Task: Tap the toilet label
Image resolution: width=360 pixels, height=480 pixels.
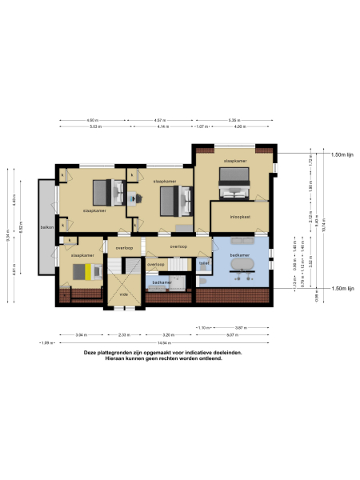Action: pyautogui.click(x=205, y=262)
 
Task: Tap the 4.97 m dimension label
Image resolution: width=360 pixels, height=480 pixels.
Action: pyautogui.click(x=160, y=121)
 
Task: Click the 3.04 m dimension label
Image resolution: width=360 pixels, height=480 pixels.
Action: pyautogui.click(x=81, y=335)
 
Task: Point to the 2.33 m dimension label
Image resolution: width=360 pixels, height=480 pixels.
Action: pyautogui.click(x=124, y=335)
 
